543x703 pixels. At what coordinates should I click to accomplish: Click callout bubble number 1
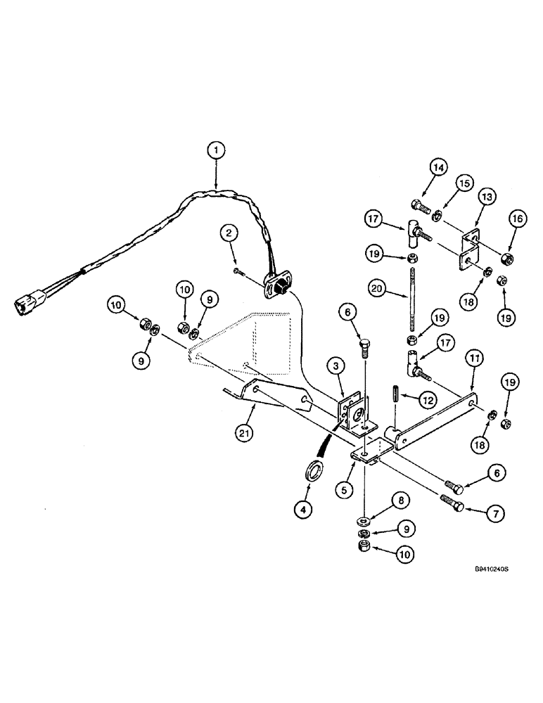tap(217, 150)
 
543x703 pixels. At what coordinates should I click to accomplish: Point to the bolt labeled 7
tap(450, 503)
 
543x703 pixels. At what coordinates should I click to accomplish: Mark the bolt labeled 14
tap(417, 207)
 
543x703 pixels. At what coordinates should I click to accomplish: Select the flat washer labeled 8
tap(365, 521)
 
